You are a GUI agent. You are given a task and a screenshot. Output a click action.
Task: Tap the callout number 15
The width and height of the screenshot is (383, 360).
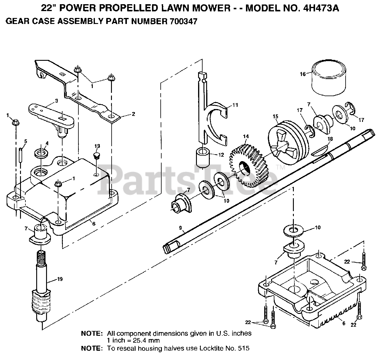click(275, 116)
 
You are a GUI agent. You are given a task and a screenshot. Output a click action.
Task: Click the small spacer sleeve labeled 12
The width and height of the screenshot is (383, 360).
click(203, 158)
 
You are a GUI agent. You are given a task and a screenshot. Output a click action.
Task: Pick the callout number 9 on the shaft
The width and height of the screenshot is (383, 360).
click(180, 228)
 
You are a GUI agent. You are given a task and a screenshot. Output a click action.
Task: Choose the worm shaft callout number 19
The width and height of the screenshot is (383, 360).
click(60, 279)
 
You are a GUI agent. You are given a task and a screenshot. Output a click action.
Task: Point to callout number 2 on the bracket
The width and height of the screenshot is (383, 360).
click(133, 114)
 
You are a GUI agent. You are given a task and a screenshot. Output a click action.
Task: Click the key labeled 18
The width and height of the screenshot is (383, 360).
click(319, 152)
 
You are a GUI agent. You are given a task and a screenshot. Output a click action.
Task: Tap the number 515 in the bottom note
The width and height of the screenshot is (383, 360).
click(243, 348)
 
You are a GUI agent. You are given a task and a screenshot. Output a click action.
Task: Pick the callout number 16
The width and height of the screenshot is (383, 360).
click(303, 74)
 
